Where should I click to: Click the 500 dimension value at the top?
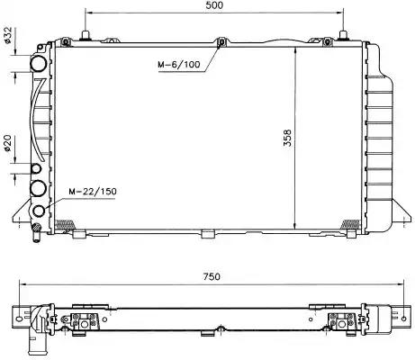click(x=214, y=5)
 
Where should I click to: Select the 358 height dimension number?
click(x=287, y=138)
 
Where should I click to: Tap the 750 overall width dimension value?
click(x=212, y=276)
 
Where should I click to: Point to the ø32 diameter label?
click(x=7, y=35)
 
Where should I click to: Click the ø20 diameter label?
click(x=7, y=143)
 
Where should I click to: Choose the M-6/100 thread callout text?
click(x=179, y=64)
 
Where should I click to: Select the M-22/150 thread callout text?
click(x=93, y=191)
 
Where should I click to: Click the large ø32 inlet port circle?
click(x=39, y=64)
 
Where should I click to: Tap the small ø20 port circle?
click(x=36, y=168)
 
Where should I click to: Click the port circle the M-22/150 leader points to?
click(x=39, y=211)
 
